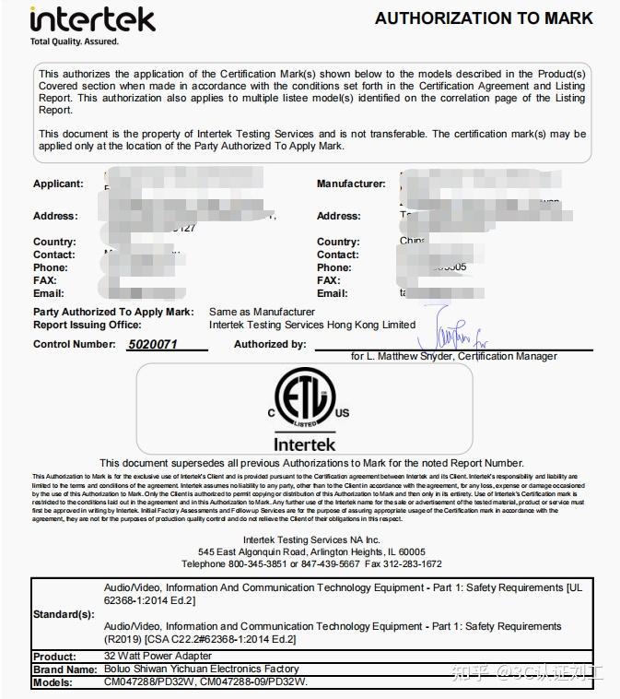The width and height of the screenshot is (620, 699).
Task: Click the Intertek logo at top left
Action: point(92,18)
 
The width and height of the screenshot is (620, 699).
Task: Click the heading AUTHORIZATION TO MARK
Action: point(484,18)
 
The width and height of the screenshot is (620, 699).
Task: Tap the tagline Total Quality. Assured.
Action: point(75,41)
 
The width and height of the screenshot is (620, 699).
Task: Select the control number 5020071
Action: point(146,344)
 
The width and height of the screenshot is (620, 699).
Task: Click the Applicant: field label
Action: point(58,184)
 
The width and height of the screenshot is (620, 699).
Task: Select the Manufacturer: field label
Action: point(351,184)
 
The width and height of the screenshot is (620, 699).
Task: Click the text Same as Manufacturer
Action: point(262,312)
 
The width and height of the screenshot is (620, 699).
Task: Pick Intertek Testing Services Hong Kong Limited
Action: point(312,325)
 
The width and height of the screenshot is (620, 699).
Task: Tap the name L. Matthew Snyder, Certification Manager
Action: point(453,356)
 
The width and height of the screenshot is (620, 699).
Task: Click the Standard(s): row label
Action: point(63,613)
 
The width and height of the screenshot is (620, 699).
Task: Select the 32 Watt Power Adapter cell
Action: point(158,657)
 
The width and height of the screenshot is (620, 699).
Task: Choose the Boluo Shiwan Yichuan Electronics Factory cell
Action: point(202,669)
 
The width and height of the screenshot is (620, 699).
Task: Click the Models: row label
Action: point(53,682)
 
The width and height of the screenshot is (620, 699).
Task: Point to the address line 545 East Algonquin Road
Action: point(311,551)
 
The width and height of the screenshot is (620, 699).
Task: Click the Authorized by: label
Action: point(270,344)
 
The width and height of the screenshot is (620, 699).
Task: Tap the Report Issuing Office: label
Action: point(88,325)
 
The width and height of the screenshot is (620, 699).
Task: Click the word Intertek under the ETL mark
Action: point(304,444)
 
